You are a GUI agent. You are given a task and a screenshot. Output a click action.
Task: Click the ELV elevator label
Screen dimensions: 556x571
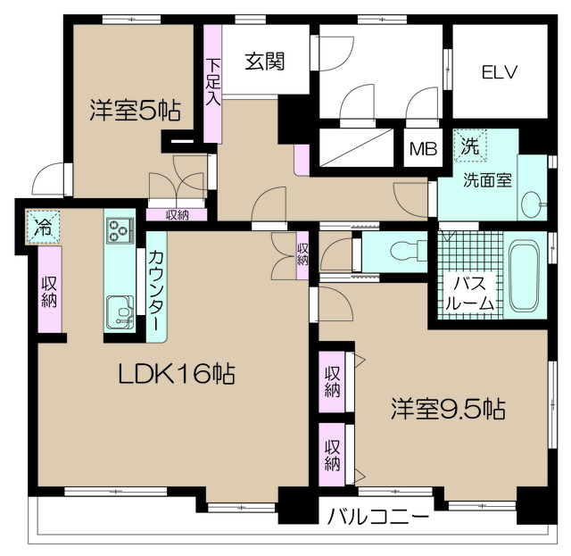500,72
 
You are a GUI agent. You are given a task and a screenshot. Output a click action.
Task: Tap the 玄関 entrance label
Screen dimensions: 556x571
265,62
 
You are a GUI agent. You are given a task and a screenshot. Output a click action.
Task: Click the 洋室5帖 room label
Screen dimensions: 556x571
134,111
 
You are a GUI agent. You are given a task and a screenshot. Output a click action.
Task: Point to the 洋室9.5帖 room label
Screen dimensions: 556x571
447,410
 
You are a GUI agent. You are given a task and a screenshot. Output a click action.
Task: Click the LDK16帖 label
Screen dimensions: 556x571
177,375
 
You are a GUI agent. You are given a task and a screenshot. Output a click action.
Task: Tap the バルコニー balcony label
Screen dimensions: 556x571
378,516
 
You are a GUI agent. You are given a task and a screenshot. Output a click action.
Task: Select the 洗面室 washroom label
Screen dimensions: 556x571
486,179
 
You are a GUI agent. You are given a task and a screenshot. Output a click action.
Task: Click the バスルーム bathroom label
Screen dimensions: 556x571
471,294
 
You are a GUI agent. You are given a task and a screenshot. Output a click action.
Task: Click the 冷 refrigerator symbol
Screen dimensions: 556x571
41,225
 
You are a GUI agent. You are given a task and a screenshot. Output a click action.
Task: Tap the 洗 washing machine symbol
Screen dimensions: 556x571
469,143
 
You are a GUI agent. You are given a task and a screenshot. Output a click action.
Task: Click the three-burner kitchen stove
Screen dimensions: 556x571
118,231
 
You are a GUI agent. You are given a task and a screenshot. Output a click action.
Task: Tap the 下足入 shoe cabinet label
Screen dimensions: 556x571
212,82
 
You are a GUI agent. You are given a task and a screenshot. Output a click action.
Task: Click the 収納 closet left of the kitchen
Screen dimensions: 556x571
50,290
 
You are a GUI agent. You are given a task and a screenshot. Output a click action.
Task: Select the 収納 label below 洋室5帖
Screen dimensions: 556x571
178,215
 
